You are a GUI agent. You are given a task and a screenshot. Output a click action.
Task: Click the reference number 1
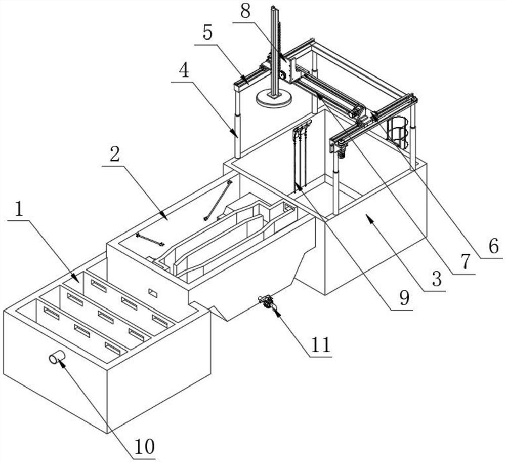click(19, 209)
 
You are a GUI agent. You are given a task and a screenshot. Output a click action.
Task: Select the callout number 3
click(436, 279)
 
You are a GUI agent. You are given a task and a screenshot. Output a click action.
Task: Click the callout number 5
click(207, 33)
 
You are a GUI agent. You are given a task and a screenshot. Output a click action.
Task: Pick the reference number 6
click(493, 247)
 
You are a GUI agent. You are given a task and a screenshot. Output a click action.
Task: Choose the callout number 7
click(465, 262)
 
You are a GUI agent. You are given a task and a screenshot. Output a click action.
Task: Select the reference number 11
click(321, 345)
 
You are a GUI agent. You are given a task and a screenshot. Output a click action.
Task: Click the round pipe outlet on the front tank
click(57, 357)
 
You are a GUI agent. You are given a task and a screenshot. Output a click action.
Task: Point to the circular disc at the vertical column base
click(274, 98)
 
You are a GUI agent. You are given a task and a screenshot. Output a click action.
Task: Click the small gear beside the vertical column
click(283, 75)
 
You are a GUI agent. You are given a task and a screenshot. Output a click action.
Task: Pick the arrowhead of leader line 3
click(370, 221)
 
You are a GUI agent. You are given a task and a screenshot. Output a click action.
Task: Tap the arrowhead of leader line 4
click(234, 133)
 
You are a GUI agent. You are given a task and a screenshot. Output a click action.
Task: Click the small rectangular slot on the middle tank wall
click(152, 293)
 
